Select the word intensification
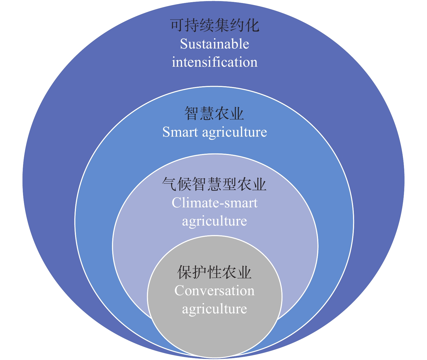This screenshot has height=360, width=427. (214, 62)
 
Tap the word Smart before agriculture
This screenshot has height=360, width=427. (180, 132)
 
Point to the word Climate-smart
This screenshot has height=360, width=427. (214, 203)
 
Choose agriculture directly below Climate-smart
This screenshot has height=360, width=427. (214, 222)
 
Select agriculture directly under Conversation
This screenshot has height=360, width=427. (214, 310)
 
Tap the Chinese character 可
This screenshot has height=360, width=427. (177, 25)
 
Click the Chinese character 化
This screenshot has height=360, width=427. (252, 25)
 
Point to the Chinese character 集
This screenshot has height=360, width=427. (222, 25)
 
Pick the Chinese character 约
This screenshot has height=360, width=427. (237, 25)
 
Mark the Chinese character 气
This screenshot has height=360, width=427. (169, 184)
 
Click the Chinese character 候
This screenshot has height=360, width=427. (184, 184)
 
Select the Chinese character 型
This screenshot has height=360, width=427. (229, 184)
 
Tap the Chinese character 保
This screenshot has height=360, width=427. (184, 272)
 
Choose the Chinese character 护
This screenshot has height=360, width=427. (199, 272)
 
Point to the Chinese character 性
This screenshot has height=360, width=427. (214, 272)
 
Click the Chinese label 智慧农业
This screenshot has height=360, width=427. (214, 113)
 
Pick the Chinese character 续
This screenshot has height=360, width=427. (207, 25)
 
